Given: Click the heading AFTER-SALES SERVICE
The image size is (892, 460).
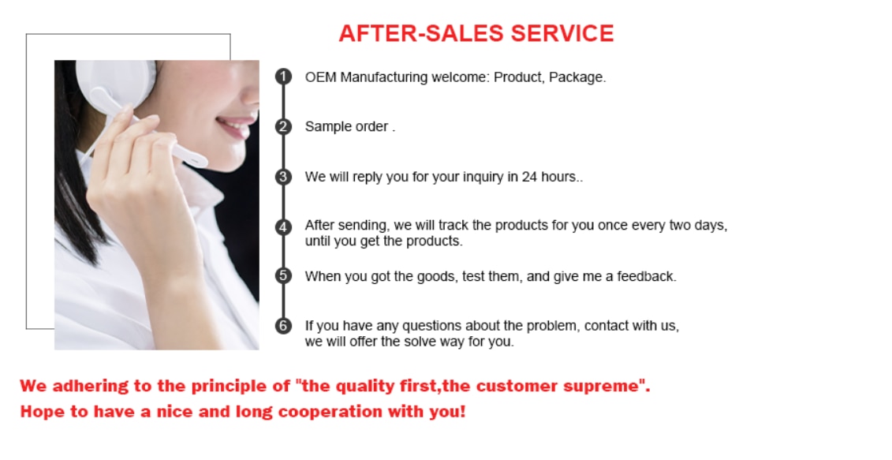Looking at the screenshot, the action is coord(476,33).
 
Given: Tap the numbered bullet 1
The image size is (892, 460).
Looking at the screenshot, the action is coord(283,77).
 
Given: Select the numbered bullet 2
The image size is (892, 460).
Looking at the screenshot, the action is coord(283,126).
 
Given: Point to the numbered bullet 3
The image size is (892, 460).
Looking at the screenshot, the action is coord(283,177).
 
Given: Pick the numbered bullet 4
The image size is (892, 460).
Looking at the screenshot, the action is coord(283,226).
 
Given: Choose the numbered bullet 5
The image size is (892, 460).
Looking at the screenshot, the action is coord(283,275).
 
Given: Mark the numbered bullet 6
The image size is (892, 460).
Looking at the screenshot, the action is coord(283,326).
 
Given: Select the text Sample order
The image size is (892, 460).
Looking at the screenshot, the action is coord(346,127).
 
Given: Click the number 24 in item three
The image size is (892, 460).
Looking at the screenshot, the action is coord(530,177).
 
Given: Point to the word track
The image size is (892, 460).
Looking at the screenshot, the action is coord(454,226).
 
